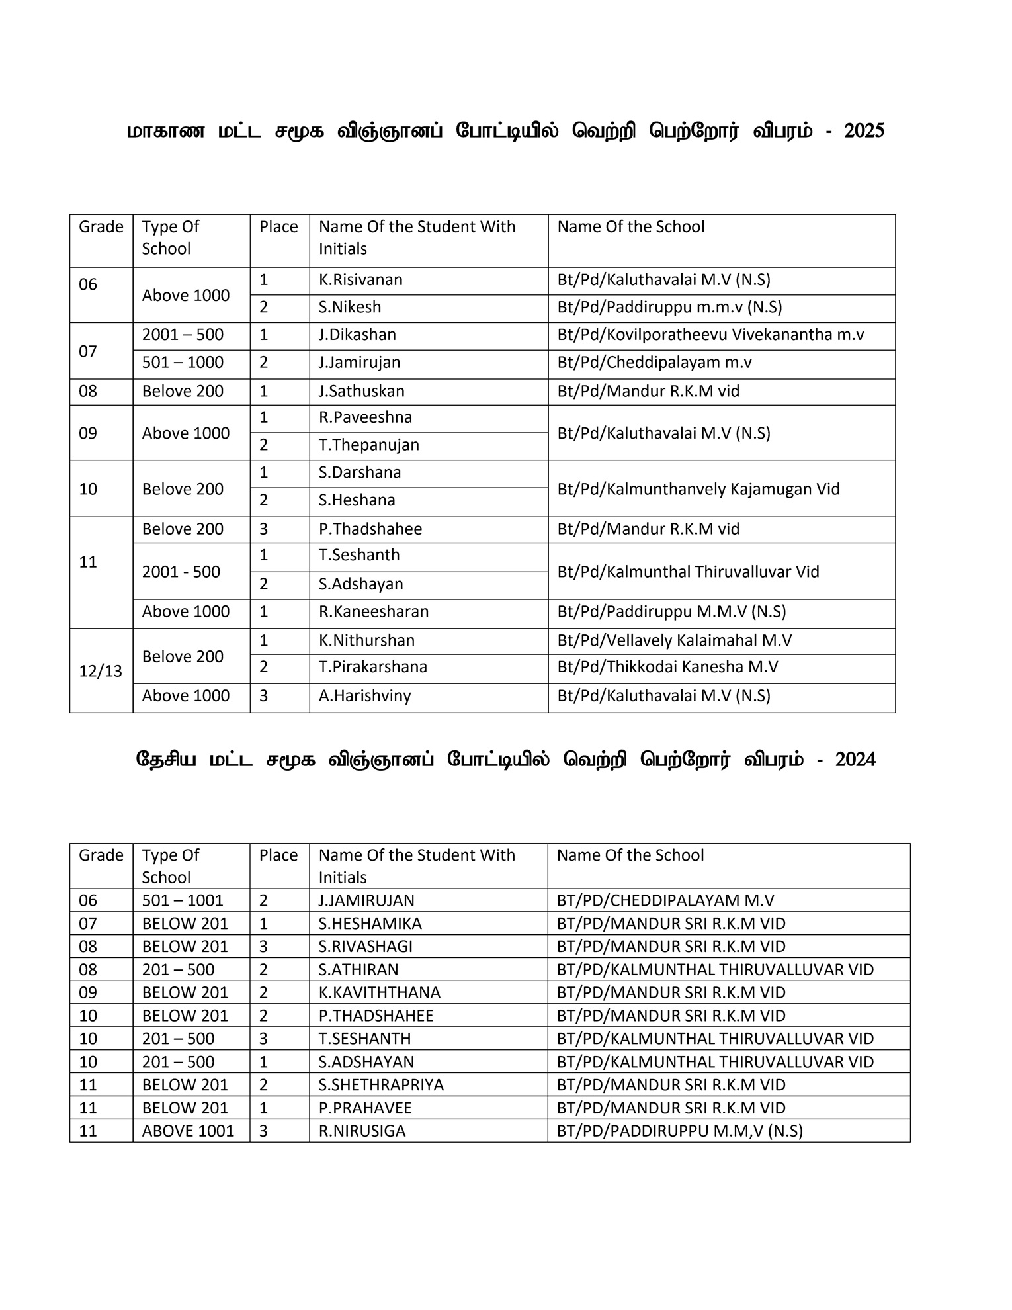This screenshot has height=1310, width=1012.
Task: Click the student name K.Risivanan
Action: [360, 280]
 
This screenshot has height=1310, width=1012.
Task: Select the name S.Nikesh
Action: [350, 308]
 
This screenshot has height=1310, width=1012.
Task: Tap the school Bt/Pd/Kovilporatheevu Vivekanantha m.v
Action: [710, 335]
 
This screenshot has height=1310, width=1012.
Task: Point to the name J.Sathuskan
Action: [361, 392]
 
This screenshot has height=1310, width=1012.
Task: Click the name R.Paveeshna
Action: [365, 417]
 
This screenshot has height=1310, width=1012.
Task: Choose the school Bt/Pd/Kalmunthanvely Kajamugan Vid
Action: [698, 489]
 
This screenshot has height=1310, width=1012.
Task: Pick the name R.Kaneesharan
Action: [374, 611]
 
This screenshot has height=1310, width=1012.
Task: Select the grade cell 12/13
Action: [101, 671]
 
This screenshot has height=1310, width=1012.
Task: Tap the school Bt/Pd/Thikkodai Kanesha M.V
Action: [667, 667]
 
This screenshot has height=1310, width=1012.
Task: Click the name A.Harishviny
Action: [364, 696]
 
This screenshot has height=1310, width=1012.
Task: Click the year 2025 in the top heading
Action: [864, 131]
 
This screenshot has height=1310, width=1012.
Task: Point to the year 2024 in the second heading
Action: [855, 760]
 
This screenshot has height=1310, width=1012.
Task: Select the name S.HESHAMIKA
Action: [370, 924]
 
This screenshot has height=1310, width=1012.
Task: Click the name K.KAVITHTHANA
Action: [379, 992]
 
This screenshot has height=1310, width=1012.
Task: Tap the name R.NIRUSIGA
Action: [362, 1131]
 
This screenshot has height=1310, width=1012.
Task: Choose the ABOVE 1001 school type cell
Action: [188, 1131]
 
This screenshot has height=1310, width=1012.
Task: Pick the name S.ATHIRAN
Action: [358, 970]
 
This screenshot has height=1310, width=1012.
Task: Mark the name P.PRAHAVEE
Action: [365, 1108]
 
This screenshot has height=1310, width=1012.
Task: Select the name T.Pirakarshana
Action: [373, 667]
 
